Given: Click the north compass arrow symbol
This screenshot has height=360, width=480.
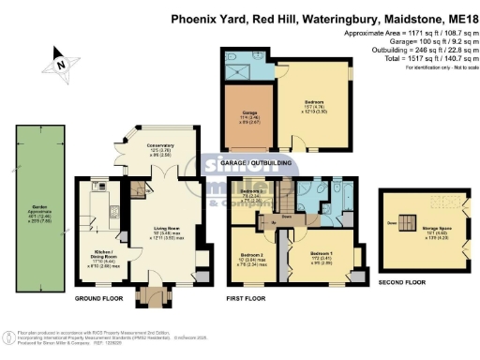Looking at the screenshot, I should [59, 65].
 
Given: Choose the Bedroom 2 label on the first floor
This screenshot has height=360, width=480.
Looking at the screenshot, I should [251, 256].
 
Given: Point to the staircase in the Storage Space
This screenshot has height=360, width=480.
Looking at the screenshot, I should [405, 224].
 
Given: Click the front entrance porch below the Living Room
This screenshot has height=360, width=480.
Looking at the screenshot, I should [149, 298].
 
